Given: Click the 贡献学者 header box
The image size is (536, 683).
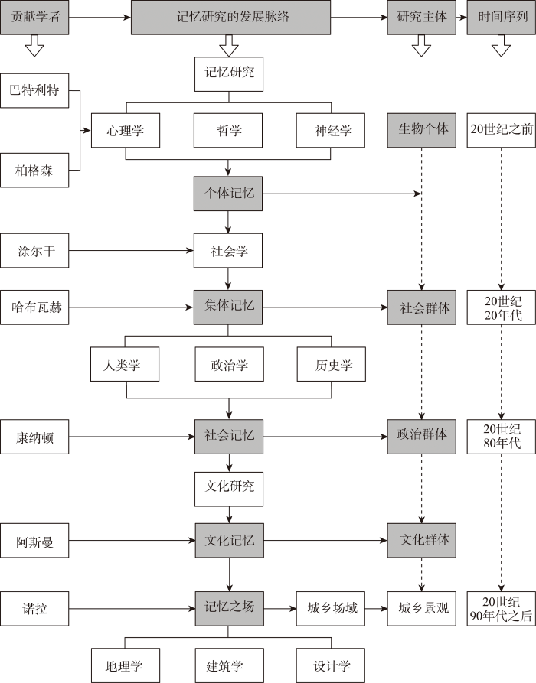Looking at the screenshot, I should [x=35, y=17].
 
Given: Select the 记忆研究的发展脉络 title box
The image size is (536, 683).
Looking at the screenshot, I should [x=229, y=17].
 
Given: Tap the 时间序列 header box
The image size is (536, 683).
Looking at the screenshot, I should [x=501, y=17].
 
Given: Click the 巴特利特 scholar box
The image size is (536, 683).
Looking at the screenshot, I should [x=35, y=91].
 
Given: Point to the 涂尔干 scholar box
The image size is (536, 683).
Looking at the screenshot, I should [x=35, y=250].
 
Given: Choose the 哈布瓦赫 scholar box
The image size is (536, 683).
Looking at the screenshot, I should [x=35, y=308].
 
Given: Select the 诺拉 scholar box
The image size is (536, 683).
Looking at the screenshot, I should [x=35, y=609].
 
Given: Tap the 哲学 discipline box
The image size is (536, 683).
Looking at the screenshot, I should [x=229, y=130].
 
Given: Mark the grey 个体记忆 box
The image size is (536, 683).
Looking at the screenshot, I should [x=229, y=194].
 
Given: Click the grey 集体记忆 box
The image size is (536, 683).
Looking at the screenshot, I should [x=229, y=307].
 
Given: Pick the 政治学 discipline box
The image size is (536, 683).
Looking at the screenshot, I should [x=229, y=364].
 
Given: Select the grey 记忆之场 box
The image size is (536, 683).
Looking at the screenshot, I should [x=229, y=609].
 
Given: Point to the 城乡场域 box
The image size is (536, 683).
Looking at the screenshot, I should [x=326, y=609].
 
